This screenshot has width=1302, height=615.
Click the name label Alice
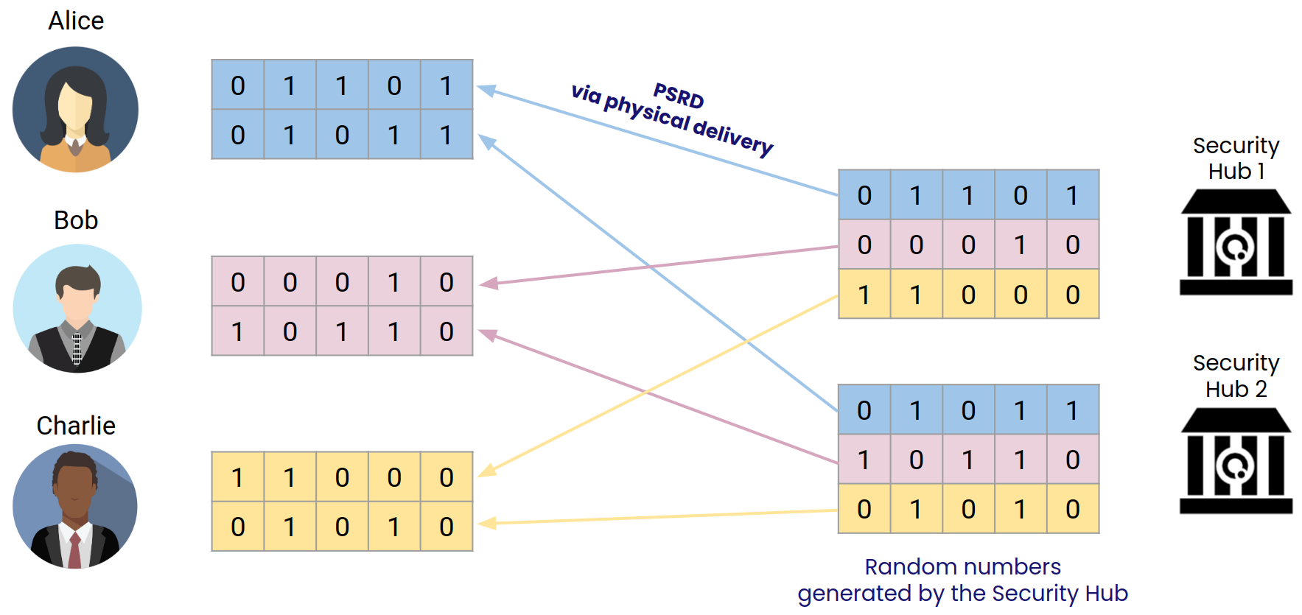pos(76,21)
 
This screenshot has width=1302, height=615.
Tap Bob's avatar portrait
pos(77,309)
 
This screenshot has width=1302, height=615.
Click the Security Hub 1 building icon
pos(1236,242)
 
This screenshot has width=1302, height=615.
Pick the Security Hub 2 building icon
pos(1236,461)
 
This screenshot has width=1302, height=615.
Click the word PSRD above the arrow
pos(679,96)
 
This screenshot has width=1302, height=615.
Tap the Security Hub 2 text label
pos(1236,376)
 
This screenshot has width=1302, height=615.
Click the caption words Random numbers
pos(962,566)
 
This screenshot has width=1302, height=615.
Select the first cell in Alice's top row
pos(237,85)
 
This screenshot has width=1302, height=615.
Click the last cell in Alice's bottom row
pos(446,135)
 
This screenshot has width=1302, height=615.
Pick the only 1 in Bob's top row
pos(394,282)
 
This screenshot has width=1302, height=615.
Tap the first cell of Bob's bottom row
pos(237,331)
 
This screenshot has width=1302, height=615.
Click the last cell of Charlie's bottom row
pos(446,527)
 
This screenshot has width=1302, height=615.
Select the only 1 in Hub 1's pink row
pos(1020,245)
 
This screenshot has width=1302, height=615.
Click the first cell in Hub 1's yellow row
pos(864,295)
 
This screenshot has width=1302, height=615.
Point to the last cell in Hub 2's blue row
pos(1072,410)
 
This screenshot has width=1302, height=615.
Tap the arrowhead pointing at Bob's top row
pos(488,283)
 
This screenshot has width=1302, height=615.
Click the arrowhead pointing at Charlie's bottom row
pos(487,523)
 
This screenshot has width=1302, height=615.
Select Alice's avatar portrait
pos(75,110)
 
